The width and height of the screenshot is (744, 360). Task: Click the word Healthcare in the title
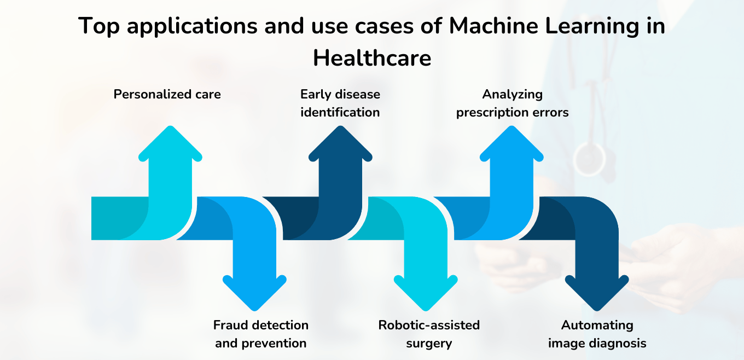pyautogui.click(x=372, y=58)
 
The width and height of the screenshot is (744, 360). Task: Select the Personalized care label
pyautogui.click(x=167, y=94)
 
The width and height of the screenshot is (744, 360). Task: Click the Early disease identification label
pyautogui.click(x=340, y=103)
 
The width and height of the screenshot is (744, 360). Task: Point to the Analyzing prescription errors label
pyautogui.click(x=512, y=103)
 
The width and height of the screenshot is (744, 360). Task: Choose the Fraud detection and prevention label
pyautogui.click(x=260, y=334)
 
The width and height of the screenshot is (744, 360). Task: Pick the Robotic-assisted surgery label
pyautogui.click(x=429, y=334)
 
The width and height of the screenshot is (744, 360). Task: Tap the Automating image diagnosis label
pyautogui.click(x=597, y=334)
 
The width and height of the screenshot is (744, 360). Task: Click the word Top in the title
pyautogui.click(x=98, y=26)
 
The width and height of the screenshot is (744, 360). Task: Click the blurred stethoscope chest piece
pyautogui.click(x=589, y=159)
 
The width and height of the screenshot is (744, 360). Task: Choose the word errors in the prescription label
pyautogui.click(x=551, y=112)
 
